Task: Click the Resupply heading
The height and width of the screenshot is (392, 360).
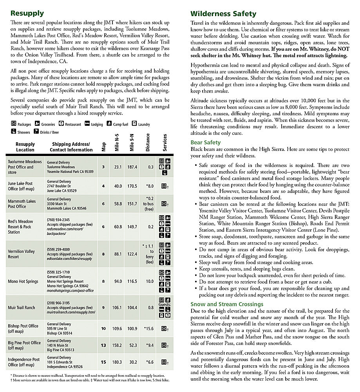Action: click(x=27, y=13)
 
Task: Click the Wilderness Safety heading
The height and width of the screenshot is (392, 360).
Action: click(x=223, y=14)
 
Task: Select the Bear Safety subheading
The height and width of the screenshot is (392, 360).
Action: click(x=206, y=143)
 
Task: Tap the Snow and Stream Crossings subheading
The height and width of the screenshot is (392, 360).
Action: click(x=227, y=304)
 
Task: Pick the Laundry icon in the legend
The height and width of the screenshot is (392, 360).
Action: click(x=134, y=124)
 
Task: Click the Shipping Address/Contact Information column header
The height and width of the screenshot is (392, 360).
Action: click(x=71, y=147)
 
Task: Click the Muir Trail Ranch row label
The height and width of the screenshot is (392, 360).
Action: click(x=22, y=308)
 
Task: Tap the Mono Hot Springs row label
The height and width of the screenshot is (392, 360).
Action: click(x=24, y=281)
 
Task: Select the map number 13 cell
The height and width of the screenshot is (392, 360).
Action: click(x=103, y=345)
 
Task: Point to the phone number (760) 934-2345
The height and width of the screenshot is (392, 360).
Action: click(x=58, y=220)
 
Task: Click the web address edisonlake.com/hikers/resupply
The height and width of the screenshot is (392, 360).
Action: click(x=69, y=259)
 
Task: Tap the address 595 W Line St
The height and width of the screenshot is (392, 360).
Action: click(x=59, y=329)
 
